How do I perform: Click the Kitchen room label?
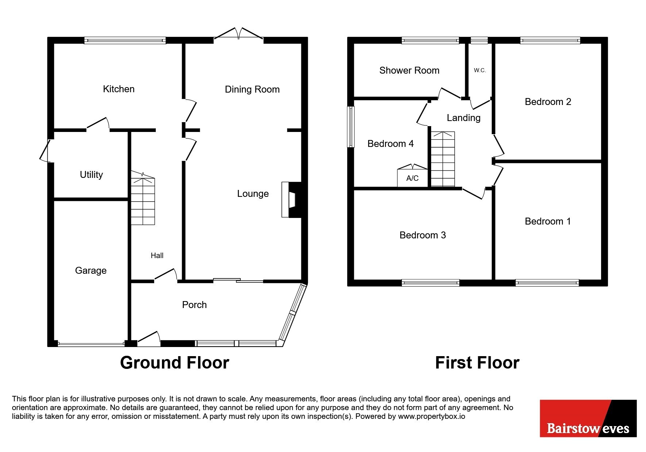pos(119,89)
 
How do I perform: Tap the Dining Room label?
pos(252,89)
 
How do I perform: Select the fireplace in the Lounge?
pos(291,200)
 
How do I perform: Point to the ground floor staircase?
pos(143,198)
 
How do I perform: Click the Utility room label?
pos(91,175)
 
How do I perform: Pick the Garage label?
pos(91,270)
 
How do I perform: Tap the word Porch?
pos(194,305)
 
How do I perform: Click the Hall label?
pos(157,256)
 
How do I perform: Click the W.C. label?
pos(480,70)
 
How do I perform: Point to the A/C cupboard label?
pos(413,178)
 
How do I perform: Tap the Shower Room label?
pos(409,70)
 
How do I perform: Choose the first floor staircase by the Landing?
pos(443,159)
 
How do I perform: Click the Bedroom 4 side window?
pos(351,127)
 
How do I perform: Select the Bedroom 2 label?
pos(548,102)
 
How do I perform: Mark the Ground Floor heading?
pos(175,363)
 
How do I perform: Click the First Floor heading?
pos(477,363)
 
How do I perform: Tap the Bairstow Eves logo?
pos(588,418)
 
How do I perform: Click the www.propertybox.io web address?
pos(432,416)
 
